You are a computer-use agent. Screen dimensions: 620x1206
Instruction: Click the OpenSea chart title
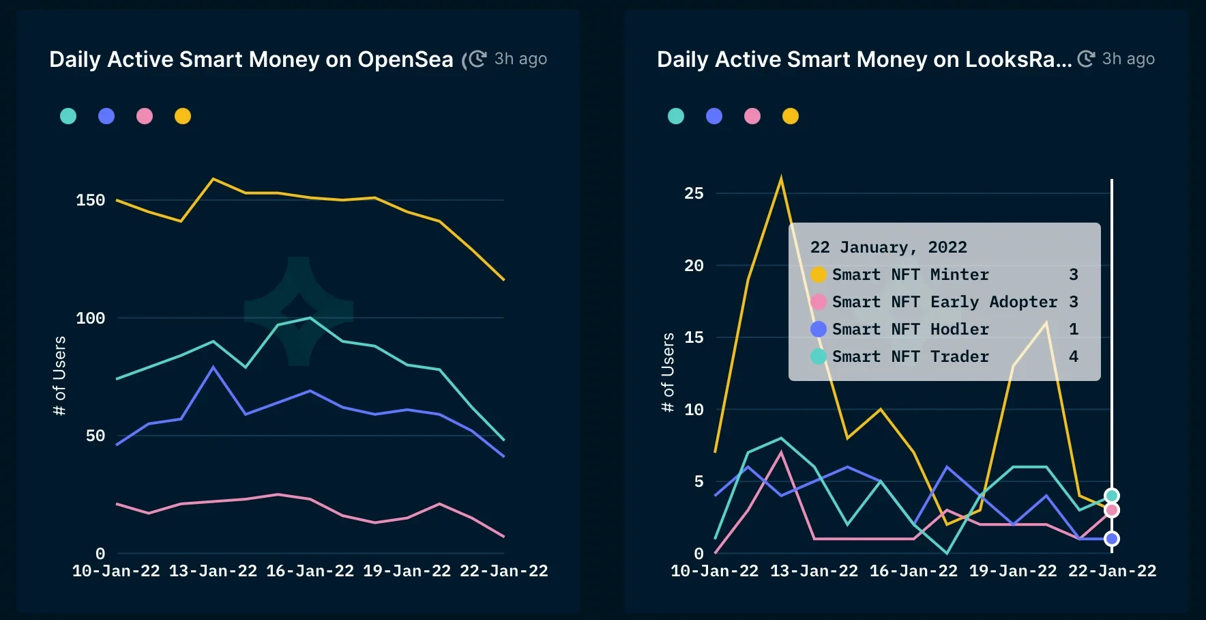tap(251, 60)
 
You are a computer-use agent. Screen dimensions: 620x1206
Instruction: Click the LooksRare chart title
tap(864, 60)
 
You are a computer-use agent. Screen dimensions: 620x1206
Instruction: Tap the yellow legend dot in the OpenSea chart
tap(183, 116)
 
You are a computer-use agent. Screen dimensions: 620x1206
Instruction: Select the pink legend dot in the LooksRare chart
tap(752, 116)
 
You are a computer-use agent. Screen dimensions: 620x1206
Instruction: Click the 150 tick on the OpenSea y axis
tap(91, 201)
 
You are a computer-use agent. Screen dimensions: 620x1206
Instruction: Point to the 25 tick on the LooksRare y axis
tap(694, 194)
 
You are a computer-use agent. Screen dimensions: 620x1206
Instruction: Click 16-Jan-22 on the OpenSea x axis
tap(310, 572)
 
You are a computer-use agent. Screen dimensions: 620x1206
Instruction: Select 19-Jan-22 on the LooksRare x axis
tap(1013, 572)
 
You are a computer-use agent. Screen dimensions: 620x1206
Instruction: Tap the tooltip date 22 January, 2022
tap(888, 247)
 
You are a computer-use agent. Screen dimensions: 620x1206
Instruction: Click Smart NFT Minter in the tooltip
tap(910, 274)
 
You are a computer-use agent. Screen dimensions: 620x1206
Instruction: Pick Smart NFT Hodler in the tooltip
tap(910, 329)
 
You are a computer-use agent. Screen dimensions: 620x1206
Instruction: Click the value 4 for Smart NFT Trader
tap(1074, 356)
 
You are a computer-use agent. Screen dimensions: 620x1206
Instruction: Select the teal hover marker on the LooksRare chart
tap(1112, 496)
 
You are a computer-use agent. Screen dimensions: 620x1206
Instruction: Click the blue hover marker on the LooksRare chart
tap(1112, 539)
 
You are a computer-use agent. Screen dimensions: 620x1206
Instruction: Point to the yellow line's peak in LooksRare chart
tap(781, 179)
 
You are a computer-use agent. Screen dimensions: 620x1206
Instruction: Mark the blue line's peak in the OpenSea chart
tap(214, 367)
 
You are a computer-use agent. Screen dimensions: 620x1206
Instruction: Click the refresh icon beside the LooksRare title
tap(1086, 59)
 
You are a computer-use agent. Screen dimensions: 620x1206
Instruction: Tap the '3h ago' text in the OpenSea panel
tap(520, 59)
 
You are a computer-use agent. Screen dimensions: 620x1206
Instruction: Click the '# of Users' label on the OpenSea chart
tap(60, 376)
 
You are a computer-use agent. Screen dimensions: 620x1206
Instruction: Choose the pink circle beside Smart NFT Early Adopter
tap(819, 302)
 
